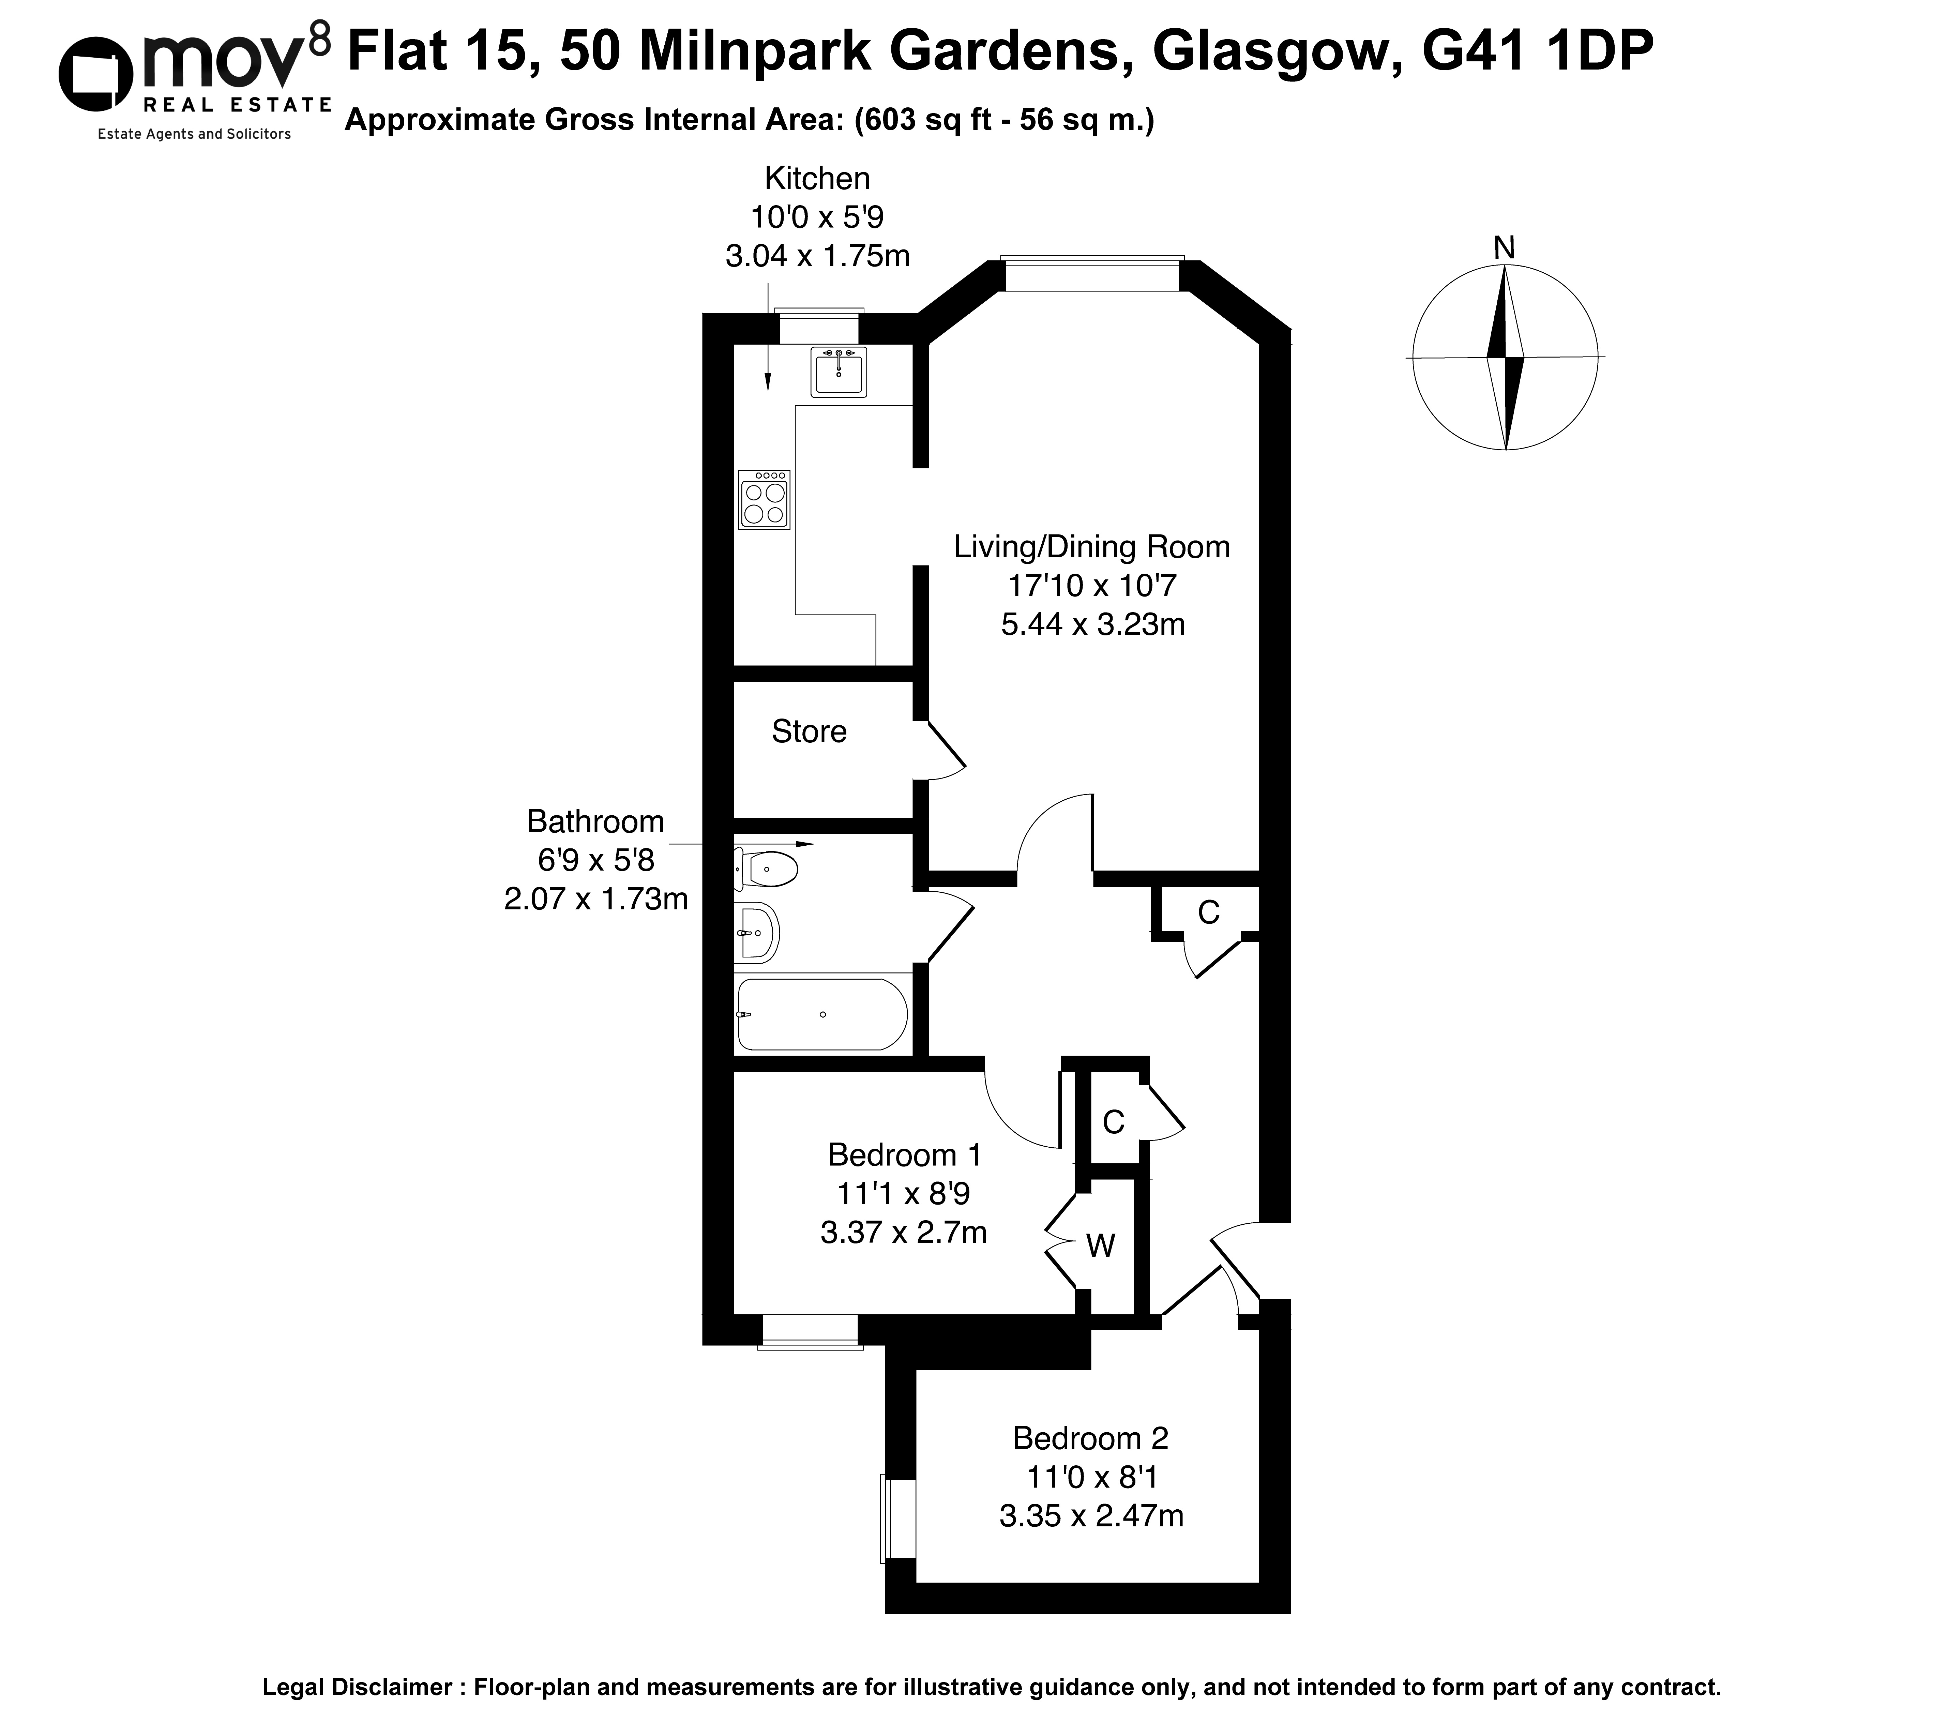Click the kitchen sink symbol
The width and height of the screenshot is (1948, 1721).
coord(839,372)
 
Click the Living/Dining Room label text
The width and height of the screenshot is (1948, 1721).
coord(1092,547)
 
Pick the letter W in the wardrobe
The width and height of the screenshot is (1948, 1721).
coord(1101,1246)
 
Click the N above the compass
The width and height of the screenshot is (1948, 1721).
coord(1504,248)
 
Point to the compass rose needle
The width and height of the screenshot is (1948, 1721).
coord(1505,357)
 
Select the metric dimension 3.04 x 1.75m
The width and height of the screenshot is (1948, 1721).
coord(818,256)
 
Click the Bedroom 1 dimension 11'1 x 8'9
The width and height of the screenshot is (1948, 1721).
coord(904,1194)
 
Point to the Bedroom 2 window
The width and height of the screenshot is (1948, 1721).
coord(898,1518)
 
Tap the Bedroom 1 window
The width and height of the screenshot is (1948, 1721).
coord(810,1332)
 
